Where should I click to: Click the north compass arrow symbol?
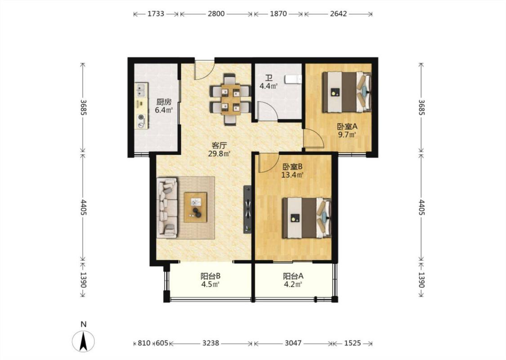pos(83,341)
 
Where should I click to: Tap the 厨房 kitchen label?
pos(164,102)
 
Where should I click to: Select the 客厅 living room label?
pos(219,145)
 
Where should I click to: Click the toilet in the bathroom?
pos(293,79)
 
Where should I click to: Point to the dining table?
pos(230,99)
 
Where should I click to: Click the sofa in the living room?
pos(167,207)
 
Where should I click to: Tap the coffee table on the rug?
pos(196,207)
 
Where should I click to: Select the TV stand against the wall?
pos(247,209)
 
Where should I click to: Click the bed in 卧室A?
pos(347,92)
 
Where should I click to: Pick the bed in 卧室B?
pos(307,218)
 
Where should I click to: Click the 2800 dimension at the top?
pos(216,14)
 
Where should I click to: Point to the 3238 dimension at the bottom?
pos(211,343)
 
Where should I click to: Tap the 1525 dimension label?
pos(352,343)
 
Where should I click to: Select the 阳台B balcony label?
pos(210,276)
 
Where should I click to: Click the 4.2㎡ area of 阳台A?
pos(293,284)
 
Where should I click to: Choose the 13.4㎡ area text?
pos(292,175)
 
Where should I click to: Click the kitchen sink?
pos(141,90)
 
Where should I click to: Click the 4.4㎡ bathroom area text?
pos(269,86)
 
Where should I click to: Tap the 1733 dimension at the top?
pos(156,14)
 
